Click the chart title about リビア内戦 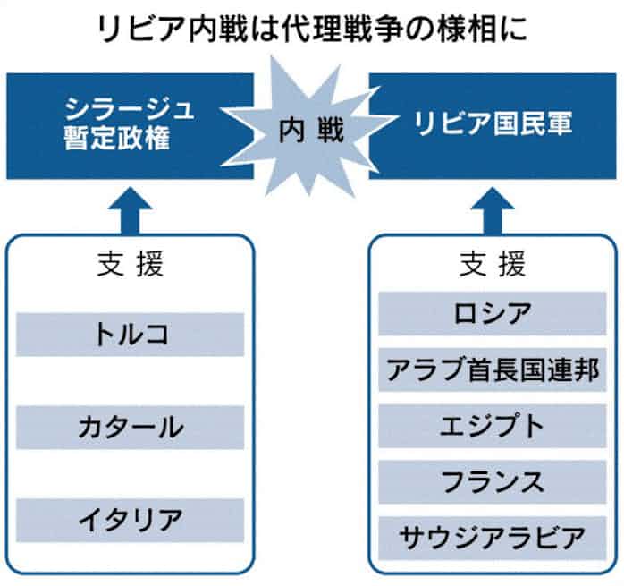pyautogui.click(x=312, y=27)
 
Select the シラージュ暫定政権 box pyautogui.click(x=125, y=125)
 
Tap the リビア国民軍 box pyautogui.click(x=493, y=125)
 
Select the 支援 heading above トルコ pyautogui.click(x=131, y=265)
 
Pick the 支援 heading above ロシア pyautogui.click(x=493, y=265)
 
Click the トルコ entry pyautogui.click(x=131, y=334)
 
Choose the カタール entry pyautogui.click(x=131, y=427)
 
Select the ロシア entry pyautogui.click(x=493, y=312)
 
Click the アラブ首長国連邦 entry pyautogui.click(x=493, y=369)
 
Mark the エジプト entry pyautogui.click(x=493, y=426)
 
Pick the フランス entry pyautogui.click(x=493, y=481)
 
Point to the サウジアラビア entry pyautogui.click(x=493, y=537)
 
